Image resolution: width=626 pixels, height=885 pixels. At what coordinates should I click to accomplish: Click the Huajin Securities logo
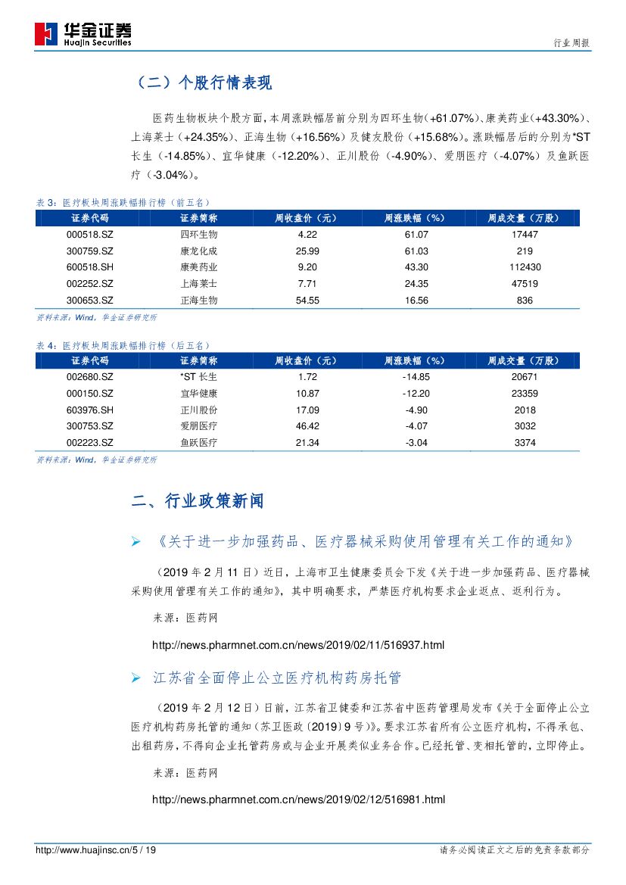click(x=83, y=33)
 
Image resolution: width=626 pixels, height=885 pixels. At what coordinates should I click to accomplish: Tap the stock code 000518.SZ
click(x=90, y=235)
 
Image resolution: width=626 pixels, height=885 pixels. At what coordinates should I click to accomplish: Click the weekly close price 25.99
click(x=308, y=251)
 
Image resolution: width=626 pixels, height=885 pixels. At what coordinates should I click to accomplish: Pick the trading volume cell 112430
click(x=525, y=267)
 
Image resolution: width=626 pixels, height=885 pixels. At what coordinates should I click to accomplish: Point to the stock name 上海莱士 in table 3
click(x=199, y=284)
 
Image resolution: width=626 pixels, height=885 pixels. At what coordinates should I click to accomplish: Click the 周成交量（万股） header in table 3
click(x=525, y=218)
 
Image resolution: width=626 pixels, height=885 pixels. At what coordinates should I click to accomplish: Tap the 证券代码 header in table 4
click(x=90, y=360)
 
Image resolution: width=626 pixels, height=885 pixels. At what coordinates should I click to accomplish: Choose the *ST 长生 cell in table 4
click(x=199, y=376)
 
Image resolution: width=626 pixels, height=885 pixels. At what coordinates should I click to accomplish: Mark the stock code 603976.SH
click(x=90, y=410)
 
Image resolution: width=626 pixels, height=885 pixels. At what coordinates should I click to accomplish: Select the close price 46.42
click(x=308, y=426)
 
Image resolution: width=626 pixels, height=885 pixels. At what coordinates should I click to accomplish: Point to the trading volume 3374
click(x=525, y=443)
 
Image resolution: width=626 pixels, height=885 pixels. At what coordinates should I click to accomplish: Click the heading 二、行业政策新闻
click(x=198, y=501)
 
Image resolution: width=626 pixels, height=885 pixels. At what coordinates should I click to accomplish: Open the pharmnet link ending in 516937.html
click(x=298, y=646)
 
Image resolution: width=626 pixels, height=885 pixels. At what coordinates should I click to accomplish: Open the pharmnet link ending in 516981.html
click(x=298, y=799)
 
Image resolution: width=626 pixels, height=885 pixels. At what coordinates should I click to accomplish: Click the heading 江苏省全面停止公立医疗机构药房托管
click(x=276, y=678)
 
